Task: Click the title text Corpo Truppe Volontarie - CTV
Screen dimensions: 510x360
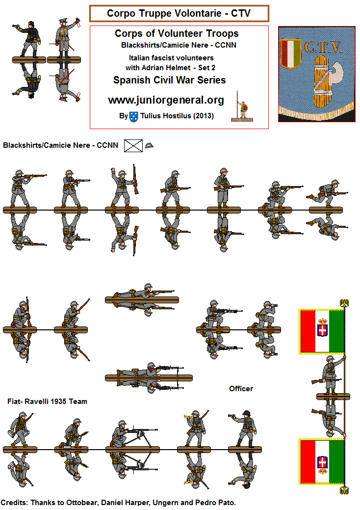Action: point(179,13)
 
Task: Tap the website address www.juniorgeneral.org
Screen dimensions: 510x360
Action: point(166,100)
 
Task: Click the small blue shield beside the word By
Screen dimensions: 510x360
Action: point(133,117)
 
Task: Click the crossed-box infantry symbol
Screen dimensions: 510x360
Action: point(133,146)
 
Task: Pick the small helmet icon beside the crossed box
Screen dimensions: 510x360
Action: point(149,145)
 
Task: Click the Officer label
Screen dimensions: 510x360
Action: point(241,388)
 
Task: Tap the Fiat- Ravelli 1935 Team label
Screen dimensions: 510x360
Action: point(47,401)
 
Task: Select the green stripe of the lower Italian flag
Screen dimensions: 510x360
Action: point(336,462)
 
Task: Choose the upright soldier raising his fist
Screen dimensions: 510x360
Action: point(119,187)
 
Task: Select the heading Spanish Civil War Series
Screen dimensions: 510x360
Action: point(169,80)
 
